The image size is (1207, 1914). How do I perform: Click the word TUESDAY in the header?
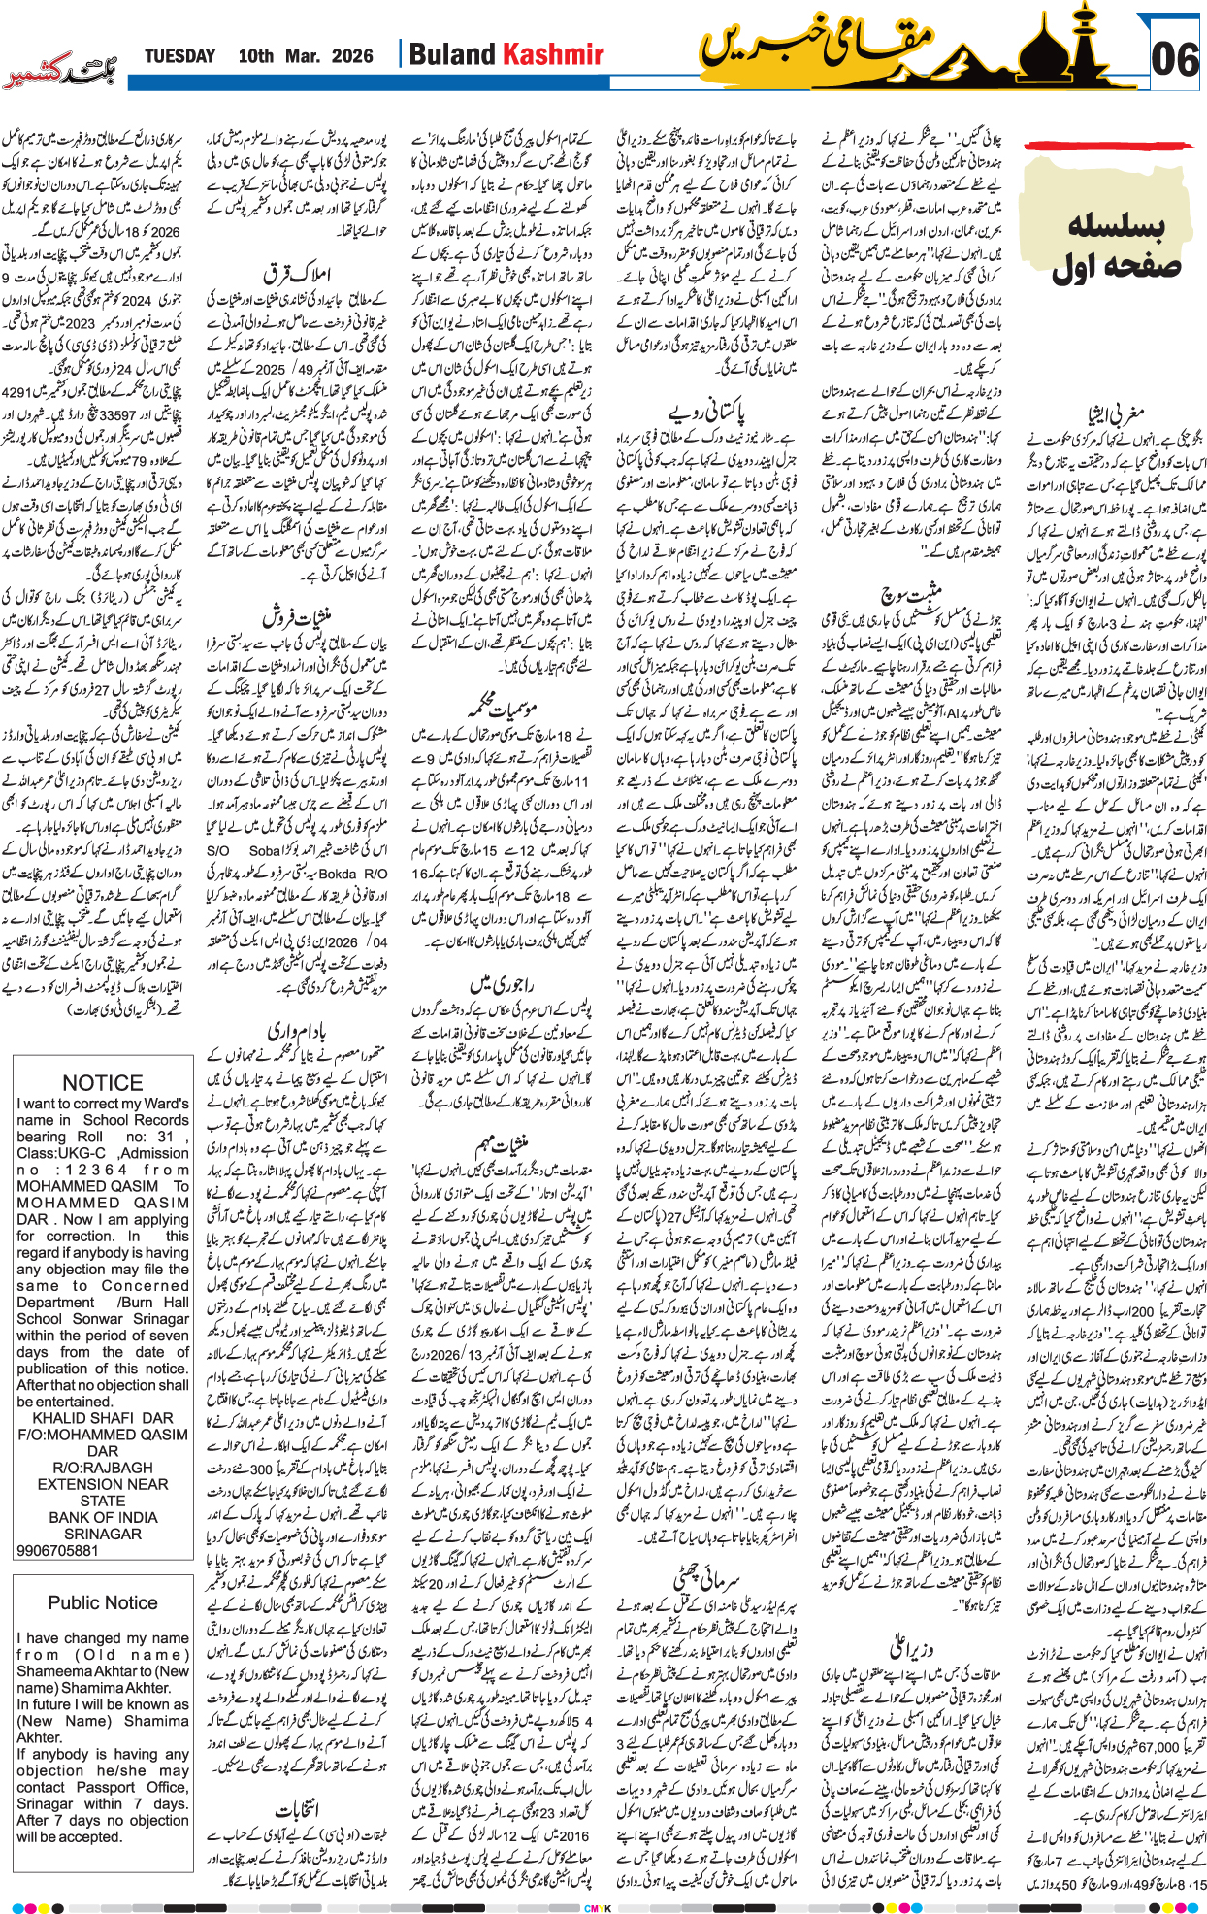tap(179, 56)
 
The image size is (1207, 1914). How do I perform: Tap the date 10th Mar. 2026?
tap(305, 56)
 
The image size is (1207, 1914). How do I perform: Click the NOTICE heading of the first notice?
tap(102, 1082)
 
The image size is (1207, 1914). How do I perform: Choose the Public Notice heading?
tap(102, 1601)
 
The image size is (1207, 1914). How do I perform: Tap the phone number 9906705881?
tap(58, 1550)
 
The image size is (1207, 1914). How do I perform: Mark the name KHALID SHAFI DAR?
tap(103, 1417)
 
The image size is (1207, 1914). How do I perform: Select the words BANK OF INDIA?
tap(103, 1517)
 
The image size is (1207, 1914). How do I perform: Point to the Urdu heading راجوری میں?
tap(502, 983)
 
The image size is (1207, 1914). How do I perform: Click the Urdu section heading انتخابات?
tap(297, 1809)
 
